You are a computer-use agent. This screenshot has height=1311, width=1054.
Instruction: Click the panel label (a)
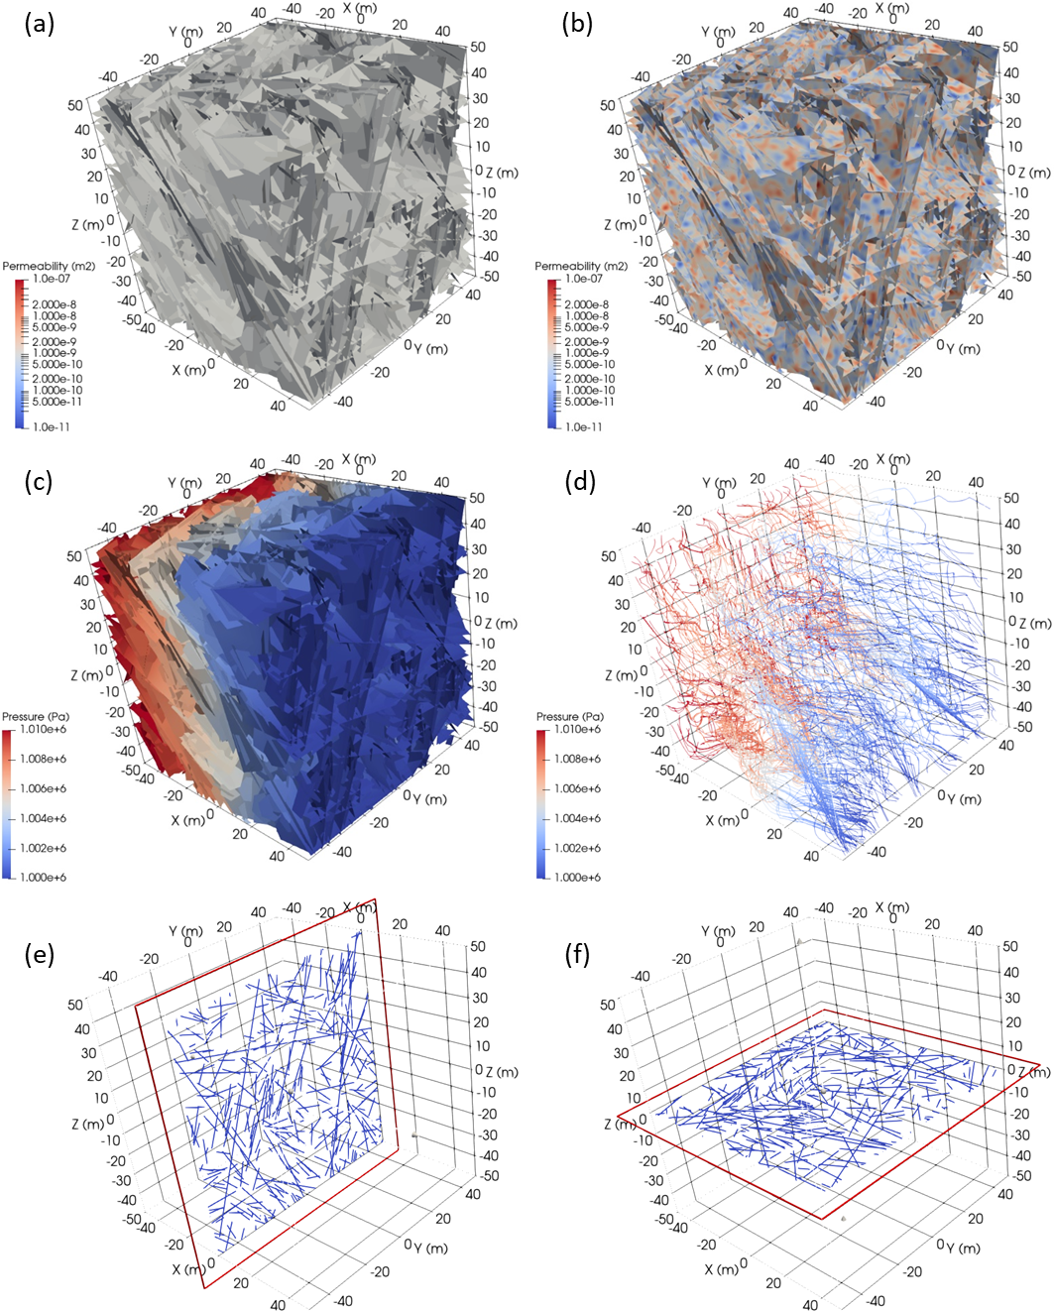39,23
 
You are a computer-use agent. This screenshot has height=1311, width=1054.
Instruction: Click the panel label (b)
577,23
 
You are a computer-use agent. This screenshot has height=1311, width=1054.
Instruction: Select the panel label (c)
39,481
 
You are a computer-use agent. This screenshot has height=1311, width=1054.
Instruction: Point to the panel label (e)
39,954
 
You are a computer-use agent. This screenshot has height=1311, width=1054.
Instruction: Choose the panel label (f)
577,954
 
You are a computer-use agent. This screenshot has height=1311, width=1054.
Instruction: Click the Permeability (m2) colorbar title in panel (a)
49,266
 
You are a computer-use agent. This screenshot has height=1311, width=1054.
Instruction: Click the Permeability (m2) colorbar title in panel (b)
581,266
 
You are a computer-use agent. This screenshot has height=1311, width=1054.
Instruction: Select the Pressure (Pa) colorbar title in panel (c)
36,716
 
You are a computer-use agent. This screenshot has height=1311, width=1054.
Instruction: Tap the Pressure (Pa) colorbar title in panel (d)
570,716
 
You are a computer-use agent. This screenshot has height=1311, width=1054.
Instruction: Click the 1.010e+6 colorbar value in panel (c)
44,730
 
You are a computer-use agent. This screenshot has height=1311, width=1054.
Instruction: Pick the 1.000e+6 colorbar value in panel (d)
578,878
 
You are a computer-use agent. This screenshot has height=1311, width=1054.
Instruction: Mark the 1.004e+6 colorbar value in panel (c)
44,818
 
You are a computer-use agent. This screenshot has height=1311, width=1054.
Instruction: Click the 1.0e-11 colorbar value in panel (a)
52,427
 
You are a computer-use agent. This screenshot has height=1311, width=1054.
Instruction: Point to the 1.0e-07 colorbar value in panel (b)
584,279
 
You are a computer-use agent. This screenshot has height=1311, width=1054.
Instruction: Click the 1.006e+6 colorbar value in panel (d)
578,788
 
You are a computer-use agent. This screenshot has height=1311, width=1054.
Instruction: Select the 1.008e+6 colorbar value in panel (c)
44,759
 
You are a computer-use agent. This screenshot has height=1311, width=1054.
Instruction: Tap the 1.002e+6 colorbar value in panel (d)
578,848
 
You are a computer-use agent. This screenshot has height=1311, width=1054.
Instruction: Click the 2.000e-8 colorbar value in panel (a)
55,304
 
